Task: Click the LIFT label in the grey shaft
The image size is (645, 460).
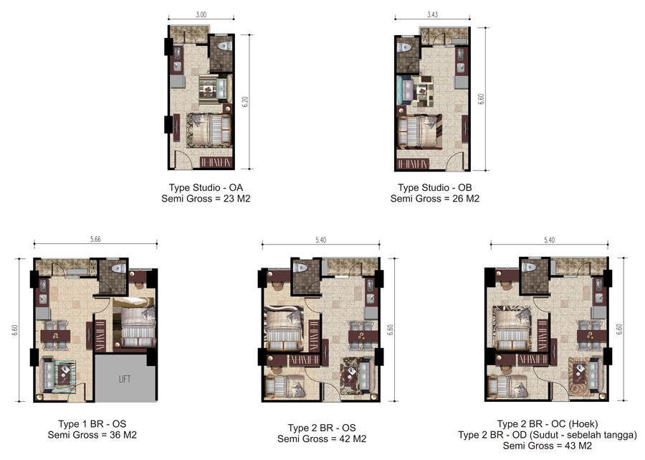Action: click(x=125, y=379)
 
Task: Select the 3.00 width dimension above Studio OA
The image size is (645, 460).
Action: click(x=201, y=15)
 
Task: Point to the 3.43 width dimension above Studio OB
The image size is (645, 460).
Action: click(x=432, y=15)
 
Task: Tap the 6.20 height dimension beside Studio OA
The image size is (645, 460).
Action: click(x=245, y=102)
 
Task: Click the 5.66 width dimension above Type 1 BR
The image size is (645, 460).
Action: click(x=95, y=239)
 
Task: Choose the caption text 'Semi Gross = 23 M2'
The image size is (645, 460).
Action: click(x=206, y=199)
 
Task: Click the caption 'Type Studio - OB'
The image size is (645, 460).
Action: click(x=435, y=187)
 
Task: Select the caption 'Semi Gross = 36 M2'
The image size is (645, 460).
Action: click(x=92, y=435)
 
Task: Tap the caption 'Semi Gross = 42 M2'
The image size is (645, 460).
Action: click(x=322, y=439)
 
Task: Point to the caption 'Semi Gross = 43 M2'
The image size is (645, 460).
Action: click(x=547, y=446)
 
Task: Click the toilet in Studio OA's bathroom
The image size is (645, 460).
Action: click(x=224, y=46)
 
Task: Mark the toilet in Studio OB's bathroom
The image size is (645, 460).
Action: click(x=404, y=47)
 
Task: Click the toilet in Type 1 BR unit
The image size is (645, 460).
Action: click(x=118, y=268)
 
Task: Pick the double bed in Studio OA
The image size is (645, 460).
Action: click(x=210, y=130)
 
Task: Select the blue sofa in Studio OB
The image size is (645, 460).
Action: click(x=405, y=90)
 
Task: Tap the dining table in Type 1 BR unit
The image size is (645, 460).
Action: click(x=55, y=336)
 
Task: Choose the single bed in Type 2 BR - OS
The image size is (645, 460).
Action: click(x=284, y=387)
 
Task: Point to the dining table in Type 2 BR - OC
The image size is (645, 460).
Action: click(x=591, y=336)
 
